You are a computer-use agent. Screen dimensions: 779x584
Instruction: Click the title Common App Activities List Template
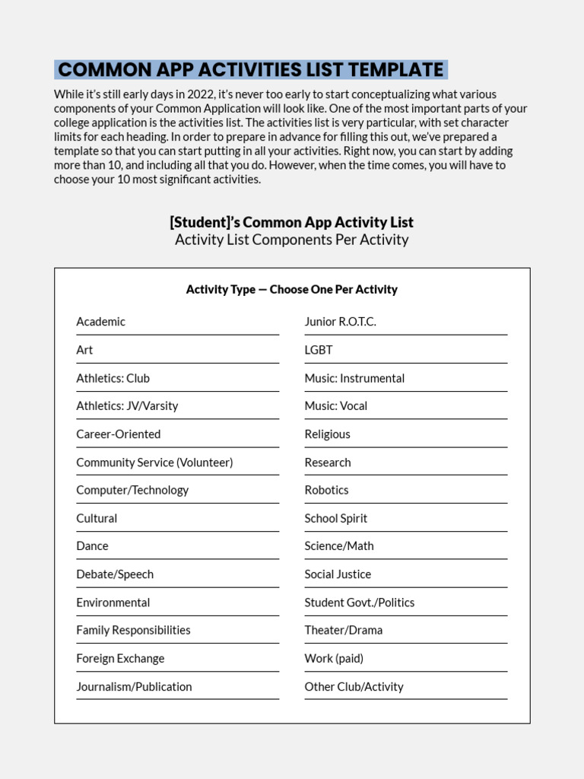[251, 70]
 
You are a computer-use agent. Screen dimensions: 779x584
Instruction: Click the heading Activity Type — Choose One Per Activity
[292, 289]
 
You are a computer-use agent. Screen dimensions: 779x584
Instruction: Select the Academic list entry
[101, 322]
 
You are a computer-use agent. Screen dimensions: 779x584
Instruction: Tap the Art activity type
[84, 350]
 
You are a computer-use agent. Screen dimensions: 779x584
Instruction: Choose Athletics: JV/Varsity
[127, 406]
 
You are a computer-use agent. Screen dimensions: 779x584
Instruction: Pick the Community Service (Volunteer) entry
[154, 463]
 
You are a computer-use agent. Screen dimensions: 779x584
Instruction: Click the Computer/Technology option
[132, 491]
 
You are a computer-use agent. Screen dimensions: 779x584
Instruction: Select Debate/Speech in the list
[115, 574]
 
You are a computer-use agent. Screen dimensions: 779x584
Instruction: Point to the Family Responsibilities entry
[133, 631]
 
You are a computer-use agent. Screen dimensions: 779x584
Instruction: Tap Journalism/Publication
[134, 687]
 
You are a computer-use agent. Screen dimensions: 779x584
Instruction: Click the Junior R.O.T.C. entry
[340, 322]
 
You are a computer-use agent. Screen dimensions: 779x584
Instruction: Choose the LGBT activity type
[319, 350]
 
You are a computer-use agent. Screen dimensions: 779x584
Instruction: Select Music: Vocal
[335, 406]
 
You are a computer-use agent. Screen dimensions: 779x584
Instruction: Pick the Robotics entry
[326, 491]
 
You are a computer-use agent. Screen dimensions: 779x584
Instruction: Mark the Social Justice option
[338, 574]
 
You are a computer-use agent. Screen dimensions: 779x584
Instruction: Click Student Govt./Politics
[360, 603]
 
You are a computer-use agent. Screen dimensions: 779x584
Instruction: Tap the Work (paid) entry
[334, 659]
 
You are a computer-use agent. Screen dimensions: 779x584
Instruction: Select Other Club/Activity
[354, 687]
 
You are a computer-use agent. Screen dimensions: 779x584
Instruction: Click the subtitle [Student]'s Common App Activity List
[292, 222]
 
